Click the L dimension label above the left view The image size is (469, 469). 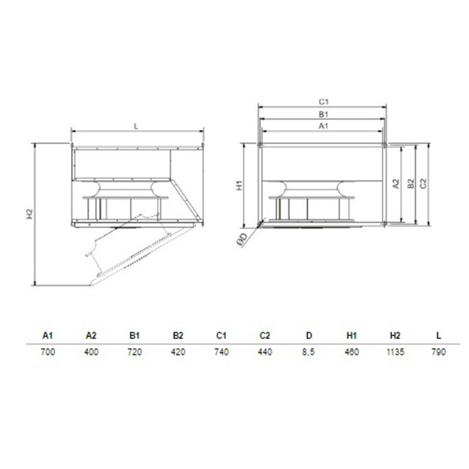pos(136,127)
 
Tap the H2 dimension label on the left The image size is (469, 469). pos(29,214)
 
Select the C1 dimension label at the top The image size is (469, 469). pos(324,102)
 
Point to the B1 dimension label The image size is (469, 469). pos(324,114)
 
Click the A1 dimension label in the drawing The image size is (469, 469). pos(324,126)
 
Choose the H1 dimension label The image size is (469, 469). pos(240,185)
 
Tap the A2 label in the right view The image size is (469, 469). pos(396,183)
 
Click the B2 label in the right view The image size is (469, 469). pos(411,183)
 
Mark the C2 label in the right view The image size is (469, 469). pos(423,183)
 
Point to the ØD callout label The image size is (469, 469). pos(243,239)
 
